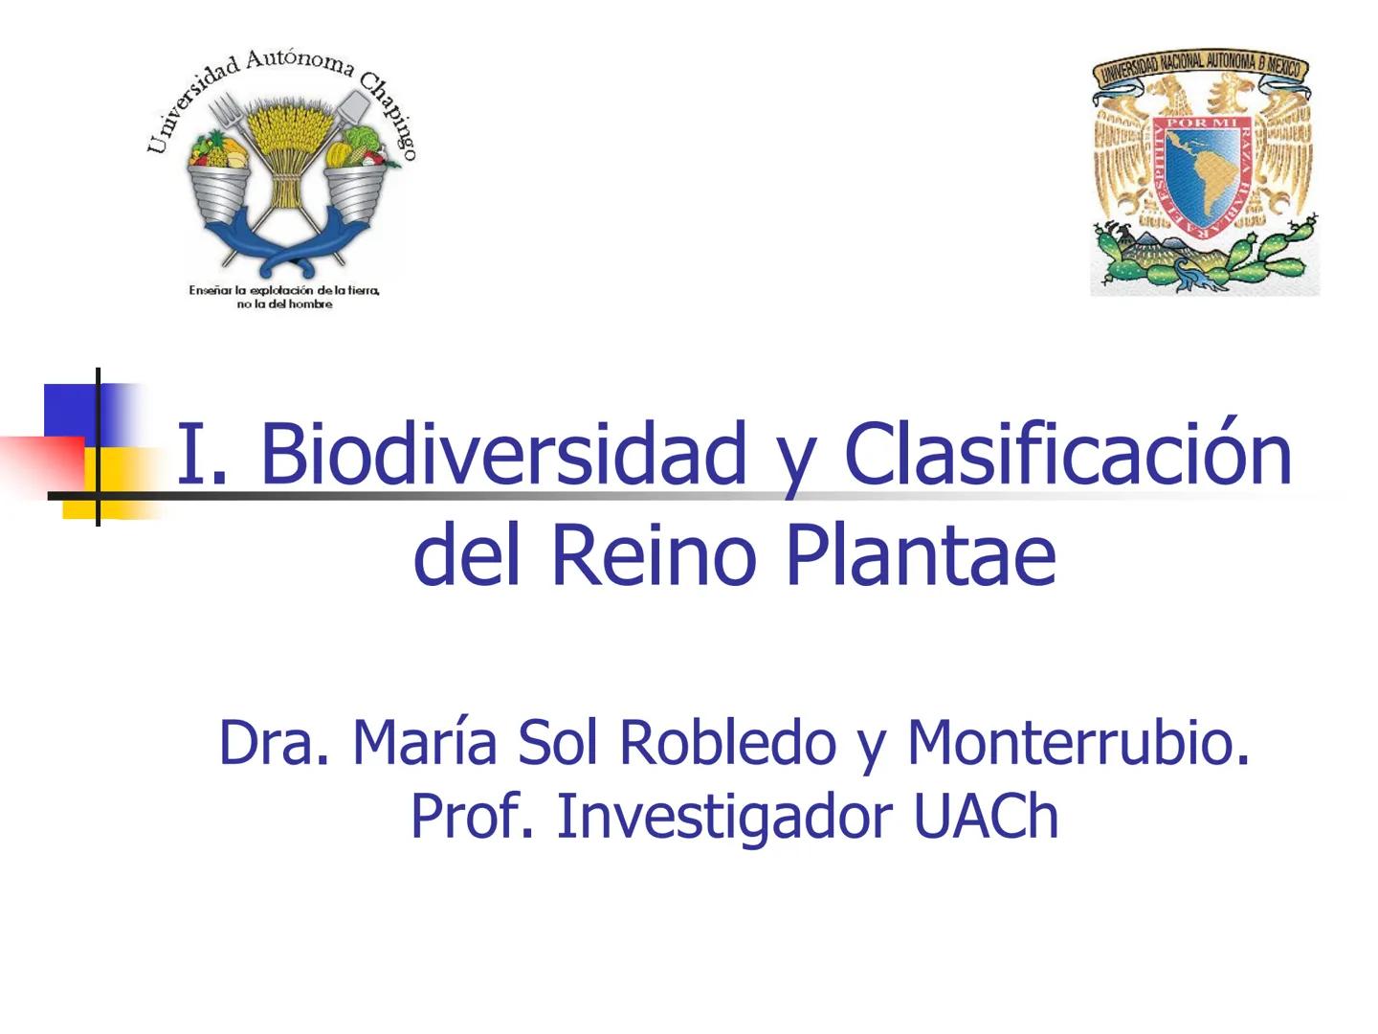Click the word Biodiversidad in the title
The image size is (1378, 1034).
501,453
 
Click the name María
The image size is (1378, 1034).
424,742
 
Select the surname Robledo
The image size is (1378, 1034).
727,742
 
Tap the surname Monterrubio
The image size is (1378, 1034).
1078,742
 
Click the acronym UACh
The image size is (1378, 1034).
986,817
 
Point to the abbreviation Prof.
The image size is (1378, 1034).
471,817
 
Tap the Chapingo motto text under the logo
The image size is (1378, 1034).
284,297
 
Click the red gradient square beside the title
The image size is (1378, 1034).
43,464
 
